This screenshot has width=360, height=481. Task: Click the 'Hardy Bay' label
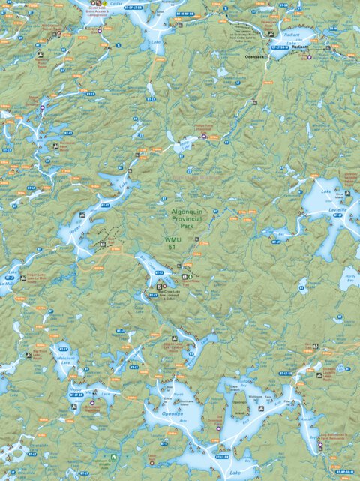click(349, 279)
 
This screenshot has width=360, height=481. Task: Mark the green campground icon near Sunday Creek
click(112, 455)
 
